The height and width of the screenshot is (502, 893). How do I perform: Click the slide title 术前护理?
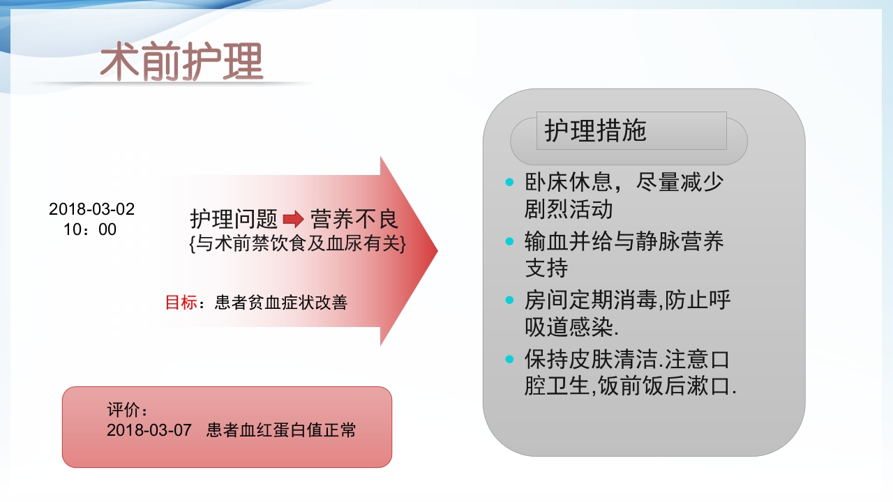coord(181,62)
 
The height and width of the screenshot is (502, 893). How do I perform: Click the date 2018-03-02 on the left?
coord(91,209)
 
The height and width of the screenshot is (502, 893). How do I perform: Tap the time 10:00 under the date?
coord(90,229)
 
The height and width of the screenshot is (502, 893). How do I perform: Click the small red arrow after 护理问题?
coord(294,220)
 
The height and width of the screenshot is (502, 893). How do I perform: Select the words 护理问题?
coord(234,220)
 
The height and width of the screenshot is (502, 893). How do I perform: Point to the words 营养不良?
coord(354,220)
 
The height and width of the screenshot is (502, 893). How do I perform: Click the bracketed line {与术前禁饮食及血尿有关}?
coord(297,244)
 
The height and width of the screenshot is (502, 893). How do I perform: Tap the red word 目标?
coord(181,303)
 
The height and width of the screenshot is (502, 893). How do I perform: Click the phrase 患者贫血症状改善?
coord(281,303)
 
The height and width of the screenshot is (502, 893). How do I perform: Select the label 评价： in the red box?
coord(128,410)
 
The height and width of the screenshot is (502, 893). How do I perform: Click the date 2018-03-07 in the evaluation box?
coord(149,430)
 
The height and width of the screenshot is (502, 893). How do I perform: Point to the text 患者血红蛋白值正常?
coord(281,430)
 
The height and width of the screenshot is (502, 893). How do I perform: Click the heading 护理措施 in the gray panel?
coord(596,131)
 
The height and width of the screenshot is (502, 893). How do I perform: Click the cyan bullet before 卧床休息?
coord(509,183)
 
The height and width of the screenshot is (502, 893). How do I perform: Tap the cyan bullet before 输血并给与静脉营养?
coord(509,241)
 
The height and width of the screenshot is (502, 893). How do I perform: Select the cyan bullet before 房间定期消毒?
coord(509,301)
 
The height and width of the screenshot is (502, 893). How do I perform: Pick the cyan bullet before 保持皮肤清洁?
coord(509,360)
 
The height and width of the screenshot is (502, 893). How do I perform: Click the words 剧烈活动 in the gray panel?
coord(569,209)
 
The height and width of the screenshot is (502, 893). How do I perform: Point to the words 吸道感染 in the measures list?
coord(569,327)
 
